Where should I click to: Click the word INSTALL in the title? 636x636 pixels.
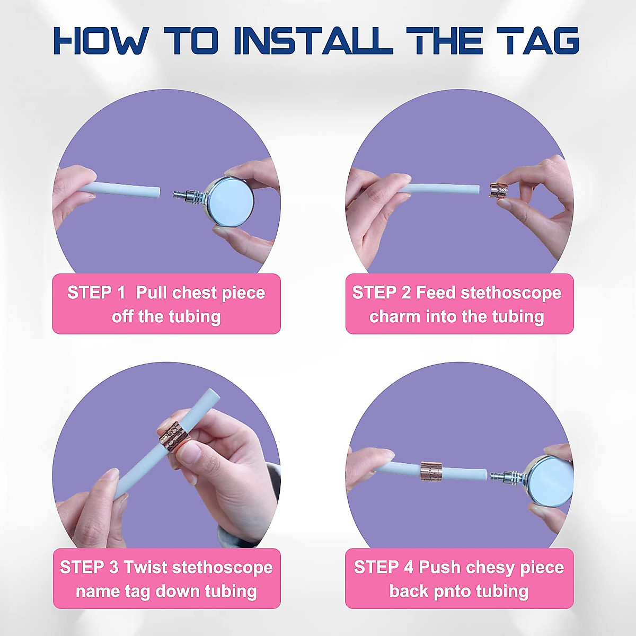pyautogui.click(x=313, y=41)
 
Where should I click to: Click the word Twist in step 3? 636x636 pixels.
pyautogui.click(x=146, y=567)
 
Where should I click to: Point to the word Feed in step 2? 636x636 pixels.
pyautogui.click(x=436, y=293)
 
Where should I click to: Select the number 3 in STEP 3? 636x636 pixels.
pyautogui.click(x=113, y=567)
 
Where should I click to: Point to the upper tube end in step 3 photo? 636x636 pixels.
pyautogui.click(x=214, y=394)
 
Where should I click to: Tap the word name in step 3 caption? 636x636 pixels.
pyautogui.click(x=98, y=591)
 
